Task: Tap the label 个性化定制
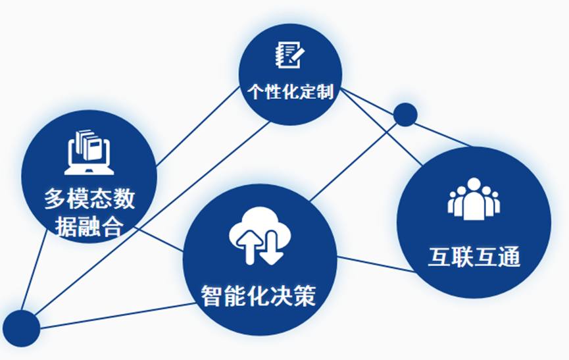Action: (291, 91)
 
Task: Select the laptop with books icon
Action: (89, 152)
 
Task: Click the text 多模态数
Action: (90, 198)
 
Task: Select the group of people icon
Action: (474, 199)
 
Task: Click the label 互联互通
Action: (474, 257)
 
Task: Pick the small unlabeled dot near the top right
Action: (405, 115)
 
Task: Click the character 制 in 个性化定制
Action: (325, 91)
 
